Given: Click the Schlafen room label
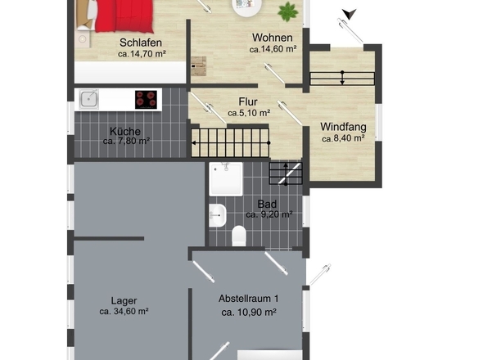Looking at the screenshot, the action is click(141, 43).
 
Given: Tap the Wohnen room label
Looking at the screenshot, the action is click(273, 38).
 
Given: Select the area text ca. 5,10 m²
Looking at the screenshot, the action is click(249, 113).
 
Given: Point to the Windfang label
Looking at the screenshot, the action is click(343, 127).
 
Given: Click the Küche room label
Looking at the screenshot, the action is click(125, 132).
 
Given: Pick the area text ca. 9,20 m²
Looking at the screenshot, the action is click(269, 214).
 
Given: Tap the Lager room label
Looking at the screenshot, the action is click(124, 301).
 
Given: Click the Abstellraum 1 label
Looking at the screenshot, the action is click(249, 299).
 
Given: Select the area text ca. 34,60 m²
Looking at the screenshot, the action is click(124, 312).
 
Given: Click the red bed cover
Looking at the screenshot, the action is click(124, 16).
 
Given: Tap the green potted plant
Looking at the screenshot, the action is click(288, 11).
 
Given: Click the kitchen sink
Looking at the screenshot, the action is click(88, 99).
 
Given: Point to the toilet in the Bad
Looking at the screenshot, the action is click(239, 236).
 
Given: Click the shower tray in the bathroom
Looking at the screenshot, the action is click(226, 179).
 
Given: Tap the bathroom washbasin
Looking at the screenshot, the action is click(218, 215).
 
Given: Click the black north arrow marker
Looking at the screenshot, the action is click(349, 14).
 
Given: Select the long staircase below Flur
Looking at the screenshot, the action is click(230, 143).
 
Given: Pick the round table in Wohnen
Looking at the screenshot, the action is click(246, 7).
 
